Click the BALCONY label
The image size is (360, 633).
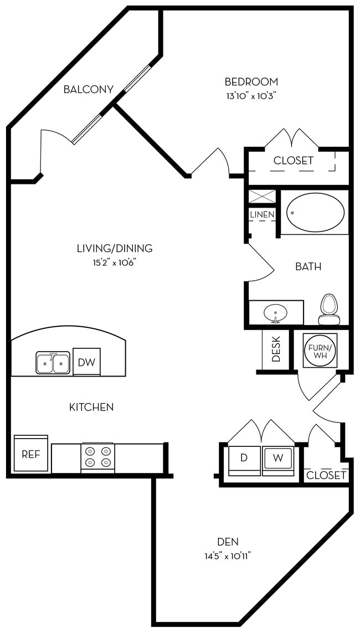pyautogui.click(x=89, y=89)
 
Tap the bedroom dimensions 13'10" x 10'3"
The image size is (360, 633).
pyautogui.click(x=250, y=95)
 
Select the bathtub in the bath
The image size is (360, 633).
pyautogui.click(x=315, y=213)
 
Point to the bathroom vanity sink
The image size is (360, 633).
pyautogui.click(x=275, y=313)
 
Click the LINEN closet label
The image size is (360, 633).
pyautogui.click(x=262, y=214)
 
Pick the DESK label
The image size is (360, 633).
pyautogui.click(x=276, y=349)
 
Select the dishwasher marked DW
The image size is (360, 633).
pyautogui.click(x=86, y=362)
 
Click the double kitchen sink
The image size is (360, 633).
pyautogui.click(x=53, y=363)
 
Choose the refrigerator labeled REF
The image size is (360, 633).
pyautogui.click(x=31, y=454)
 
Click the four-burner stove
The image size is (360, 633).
pyautogui.click(x=97, y=457)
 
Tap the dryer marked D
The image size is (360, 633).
pyautogui.click(x=244, y=459)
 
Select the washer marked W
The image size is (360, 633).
pyautogui.click(x=279, y=459)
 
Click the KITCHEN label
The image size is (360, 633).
pyautogui.click(x=91, y=407)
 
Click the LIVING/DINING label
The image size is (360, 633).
pyautogui.click(x=115, y=249)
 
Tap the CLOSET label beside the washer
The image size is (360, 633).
pyautogui.click(x=326, y=475)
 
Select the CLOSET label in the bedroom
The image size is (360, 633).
pyautogui.click(x=294, y=161)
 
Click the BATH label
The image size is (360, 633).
pyautogui.click(x=308, y=266)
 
